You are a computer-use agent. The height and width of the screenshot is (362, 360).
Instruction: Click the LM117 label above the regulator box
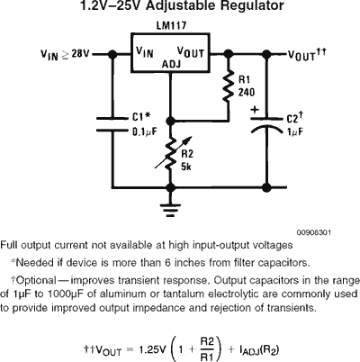click(171, 25)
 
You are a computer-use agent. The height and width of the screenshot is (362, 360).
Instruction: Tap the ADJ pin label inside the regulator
click(172, 64)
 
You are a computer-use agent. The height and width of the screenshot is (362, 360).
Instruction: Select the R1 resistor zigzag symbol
click(228, 87)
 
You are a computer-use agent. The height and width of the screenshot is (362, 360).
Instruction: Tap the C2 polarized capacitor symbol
click(266, 125)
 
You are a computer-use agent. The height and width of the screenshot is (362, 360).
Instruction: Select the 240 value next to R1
click(247, 92)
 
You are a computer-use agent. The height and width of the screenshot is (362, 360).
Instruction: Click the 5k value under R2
click(186, 167)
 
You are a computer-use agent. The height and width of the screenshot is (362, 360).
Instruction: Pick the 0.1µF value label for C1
click(145, 131)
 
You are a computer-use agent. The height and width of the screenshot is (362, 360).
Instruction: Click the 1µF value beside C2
click(295, 131)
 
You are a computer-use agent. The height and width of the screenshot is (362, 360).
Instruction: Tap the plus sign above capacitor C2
click(255, 110)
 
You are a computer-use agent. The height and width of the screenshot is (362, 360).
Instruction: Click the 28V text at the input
click(80, 54)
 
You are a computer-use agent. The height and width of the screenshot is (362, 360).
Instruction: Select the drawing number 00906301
click(314, 232)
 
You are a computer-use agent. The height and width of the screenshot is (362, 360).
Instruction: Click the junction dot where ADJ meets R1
click(170, 121)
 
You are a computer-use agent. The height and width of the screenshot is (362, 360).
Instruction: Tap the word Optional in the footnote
click(36, 280)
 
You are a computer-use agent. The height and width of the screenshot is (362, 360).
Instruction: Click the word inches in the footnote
click(191, 263)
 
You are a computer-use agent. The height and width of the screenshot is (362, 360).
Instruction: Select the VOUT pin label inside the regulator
click(191, 52)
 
